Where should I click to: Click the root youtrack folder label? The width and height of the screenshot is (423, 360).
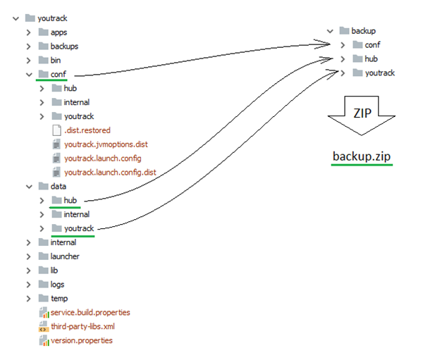pyautogui.click(x=53, y=18)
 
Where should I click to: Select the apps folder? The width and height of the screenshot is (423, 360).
pyautogui.click(x=59, y=32)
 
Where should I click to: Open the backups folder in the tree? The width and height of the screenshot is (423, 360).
pyautogui.click(x=64, y=46)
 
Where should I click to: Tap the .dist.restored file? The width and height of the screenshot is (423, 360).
pyautogui.click(x=87, y=130)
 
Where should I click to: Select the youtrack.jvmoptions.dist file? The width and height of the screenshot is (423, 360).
pyautogui.click(x=106, y=144)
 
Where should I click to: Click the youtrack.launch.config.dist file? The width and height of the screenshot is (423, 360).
pyautogui.click(x=110, y=172)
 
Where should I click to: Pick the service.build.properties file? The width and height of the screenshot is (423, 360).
pyautogui.click(x=90, y=312)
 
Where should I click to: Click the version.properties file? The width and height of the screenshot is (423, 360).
pyautogui.click(x=81, y=340)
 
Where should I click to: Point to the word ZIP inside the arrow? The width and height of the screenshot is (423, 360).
pyautogui.click(x=362, y=111)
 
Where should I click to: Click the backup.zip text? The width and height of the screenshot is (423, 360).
pyautogui.click(x=362, y=154)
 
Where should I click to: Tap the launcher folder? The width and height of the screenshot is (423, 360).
pyautogui.click(x=65, y=256)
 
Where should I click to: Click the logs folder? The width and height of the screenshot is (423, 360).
pyautogui.click(x=57, y=285)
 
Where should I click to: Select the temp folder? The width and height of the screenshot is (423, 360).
pyautogui.click(x=59, y=299)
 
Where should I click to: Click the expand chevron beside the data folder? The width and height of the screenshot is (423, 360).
pyautogui.click(x=27, y=186)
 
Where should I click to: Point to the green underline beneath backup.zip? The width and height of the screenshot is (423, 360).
pyautogui.click(x=362, y=166)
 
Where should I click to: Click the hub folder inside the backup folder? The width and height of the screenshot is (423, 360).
pyautogui.click(x=372, y=59)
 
